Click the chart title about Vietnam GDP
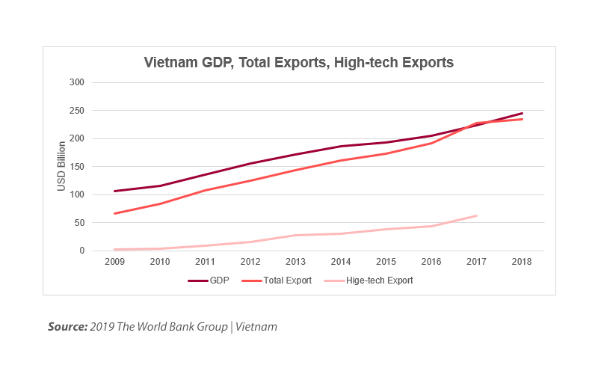pyautogui.click(x=299, y=63)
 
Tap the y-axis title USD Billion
pyautogui.click(x=62, y=166)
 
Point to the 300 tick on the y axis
pyautogui.click(x=77, y=82)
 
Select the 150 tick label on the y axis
pyautogui.click(x=77, y=166)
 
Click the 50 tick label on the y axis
pyautogui.click(x=79, y=223)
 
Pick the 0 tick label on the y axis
pyautogui.click(x=81, y=251)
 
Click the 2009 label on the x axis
pyautogui.click(x=114, y=263)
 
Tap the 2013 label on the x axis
pyautogui.click(x=295, y=263)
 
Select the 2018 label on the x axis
pyautogui.click(x=522, y=263)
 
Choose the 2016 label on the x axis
pyautogui.click(x=431, y=263)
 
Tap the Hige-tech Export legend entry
pyautogui.click(x=368, y=280)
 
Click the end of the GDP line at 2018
pyautogui.click(x=522, y=113)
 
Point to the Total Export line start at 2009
pyautogui.click(x=114, y=214)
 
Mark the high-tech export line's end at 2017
pyautogui.click(x=476, y=215)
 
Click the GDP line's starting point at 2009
pyautogui.click(x=114, y=191)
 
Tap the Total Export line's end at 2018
pyautogui.click(x=522, y=119)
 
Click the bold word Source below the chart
pyautogui.click(x=67, y=327)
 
